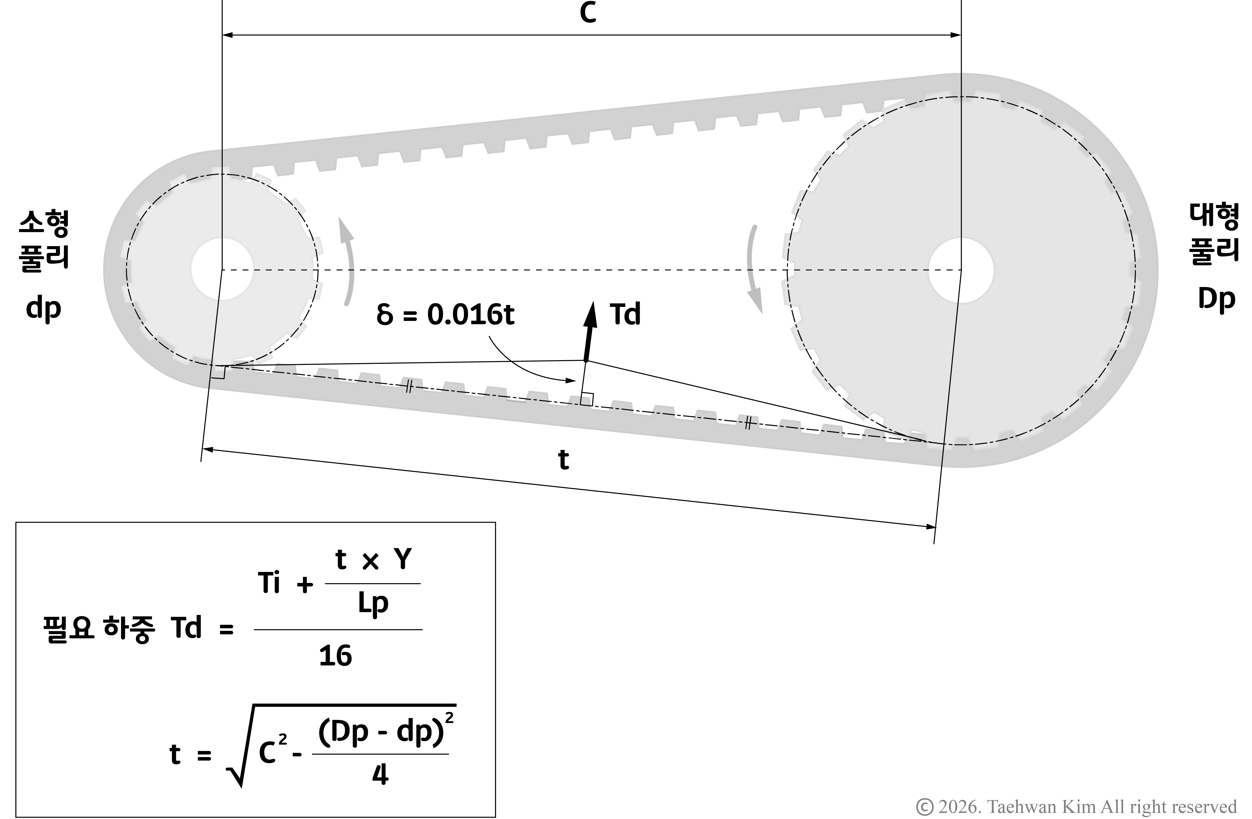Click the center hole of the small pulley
click(222, 269)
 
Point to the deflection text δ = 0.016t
click(445, 315)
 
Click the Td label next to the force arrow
click(625, 315)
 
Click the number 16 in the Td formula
click(336, 656)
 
